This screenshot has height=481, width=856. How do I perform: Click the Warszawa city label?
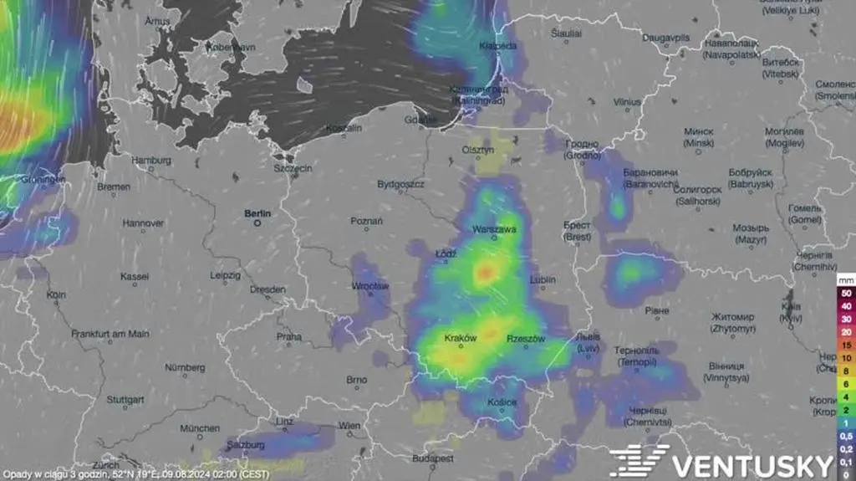point(494,228)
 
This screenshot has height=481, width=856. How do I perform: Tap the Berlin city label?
point(257,213)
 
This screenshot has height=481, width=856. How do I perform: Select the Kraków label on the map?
point(461,339)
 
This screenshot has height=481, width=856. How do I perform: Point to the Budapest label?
point(433,459)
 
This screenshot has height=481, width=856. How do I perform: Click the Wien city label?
point(349,426)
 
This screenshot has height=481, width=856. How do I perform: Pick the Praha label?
point(288,336)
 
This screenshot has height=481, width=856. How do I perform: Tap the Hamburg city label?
point(151,160)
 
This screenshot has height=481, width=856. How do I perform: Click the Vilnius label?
point(627,102)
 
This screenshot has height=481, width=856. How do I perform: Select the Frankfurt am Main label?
point(110,334)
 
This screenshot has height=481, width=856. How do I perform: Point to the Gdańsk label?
point(420,120)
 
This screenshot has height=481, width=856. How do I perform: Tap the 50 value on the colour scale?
point(846,294)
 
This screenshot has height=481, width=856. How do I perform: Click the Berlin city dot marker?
point(258,223)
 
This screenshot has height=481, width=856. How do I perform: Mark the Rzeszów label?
point(526,339)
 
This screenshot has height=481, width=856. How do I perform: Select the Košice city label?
point(502,402)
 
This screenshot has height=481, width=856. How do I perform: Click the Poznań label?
point(367,222)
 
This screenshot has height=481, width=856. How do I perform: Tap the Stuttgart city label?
point(125,400)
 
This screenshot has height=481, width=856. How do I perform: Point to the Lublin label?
point(543,279)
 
